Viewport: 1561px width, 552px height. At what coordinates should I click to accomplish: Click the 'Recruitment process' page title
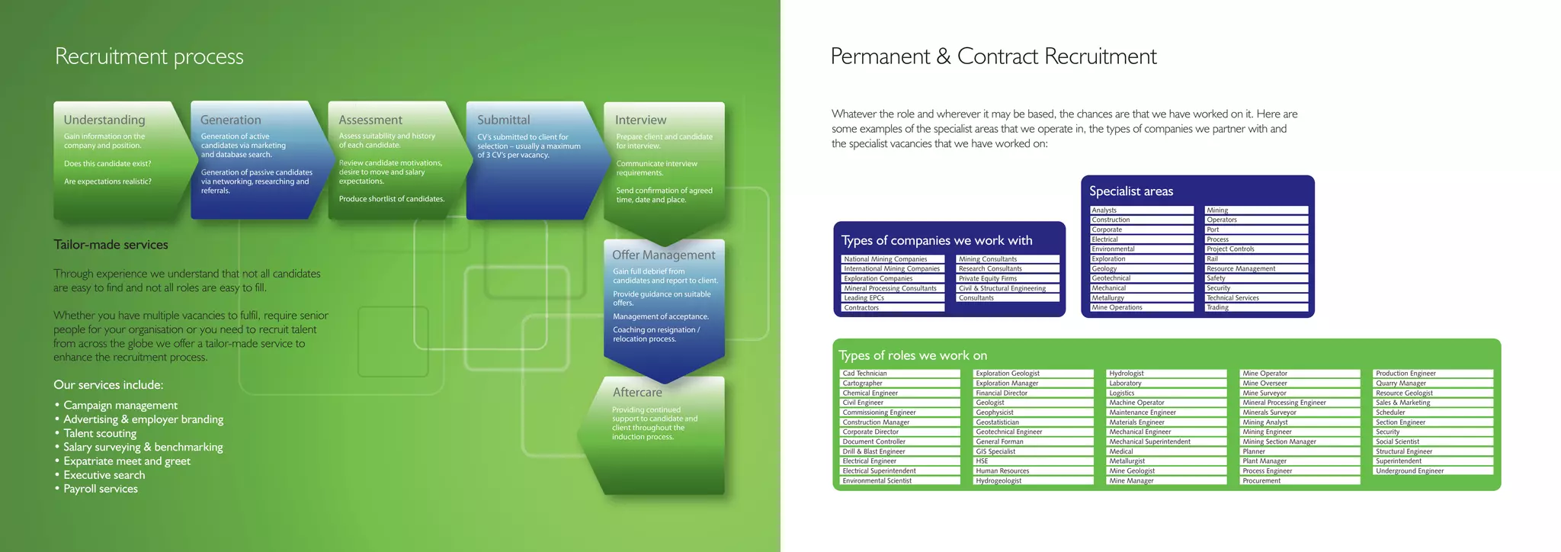[x=149, y=56]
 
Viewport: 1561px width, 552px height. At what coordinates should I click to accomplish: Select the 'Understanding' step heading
[x=104, y=120]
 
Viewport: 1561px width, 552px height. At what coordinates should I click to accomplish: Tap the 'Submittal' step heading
[x=504, y=120]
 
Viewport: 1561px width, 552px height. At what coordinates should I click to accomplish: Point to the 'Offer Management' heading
[x=663, y=255]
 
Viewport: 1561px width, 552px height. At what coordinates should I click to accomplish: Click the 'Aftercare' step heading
[x=637, y=392]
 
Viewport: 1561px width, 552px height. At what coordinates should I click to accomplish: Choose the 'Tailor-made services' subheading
[x=111, y=245]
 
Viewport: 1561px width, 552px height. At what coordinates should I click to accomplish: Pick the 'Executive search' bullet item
[x=104, y=475]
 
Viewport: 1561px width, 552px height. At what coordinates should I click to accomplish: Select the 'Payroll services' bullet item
[x=101, y=489]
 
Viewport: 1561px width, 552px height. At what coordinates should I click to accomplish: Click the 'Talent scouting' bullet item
[x=100, y=433]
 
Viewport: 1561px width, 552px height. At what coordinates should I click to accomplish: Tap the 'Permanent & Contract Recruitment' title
[x=993, y=56]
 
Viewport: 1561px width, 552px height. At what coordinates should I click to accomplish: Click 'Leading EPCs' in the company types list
[x=864, y=298]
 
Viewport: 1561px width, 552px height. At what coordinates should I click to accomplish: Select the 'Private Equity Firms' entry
[x=988, y=278]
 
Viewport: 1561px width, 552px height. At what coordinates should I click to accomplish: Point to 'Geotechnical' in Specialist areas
[x=1111, y=278]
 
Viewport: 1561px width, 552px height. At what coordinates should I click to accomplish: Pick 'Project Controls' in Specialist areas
[x=1230, y=249]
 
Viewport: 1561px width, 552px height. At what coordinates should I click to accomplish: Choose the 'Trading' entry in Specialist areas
[x=1217, y=308]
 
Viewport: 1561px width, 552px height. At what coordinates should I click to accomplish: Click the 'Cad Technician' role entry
[x=865, y=374]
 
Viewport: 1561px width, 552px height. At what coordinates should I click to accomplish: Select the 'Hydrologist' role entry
[x=1127, y=374]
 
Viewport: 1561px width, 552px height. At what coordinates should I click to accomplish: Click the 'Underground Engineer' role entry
[x=1409, y=471]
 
